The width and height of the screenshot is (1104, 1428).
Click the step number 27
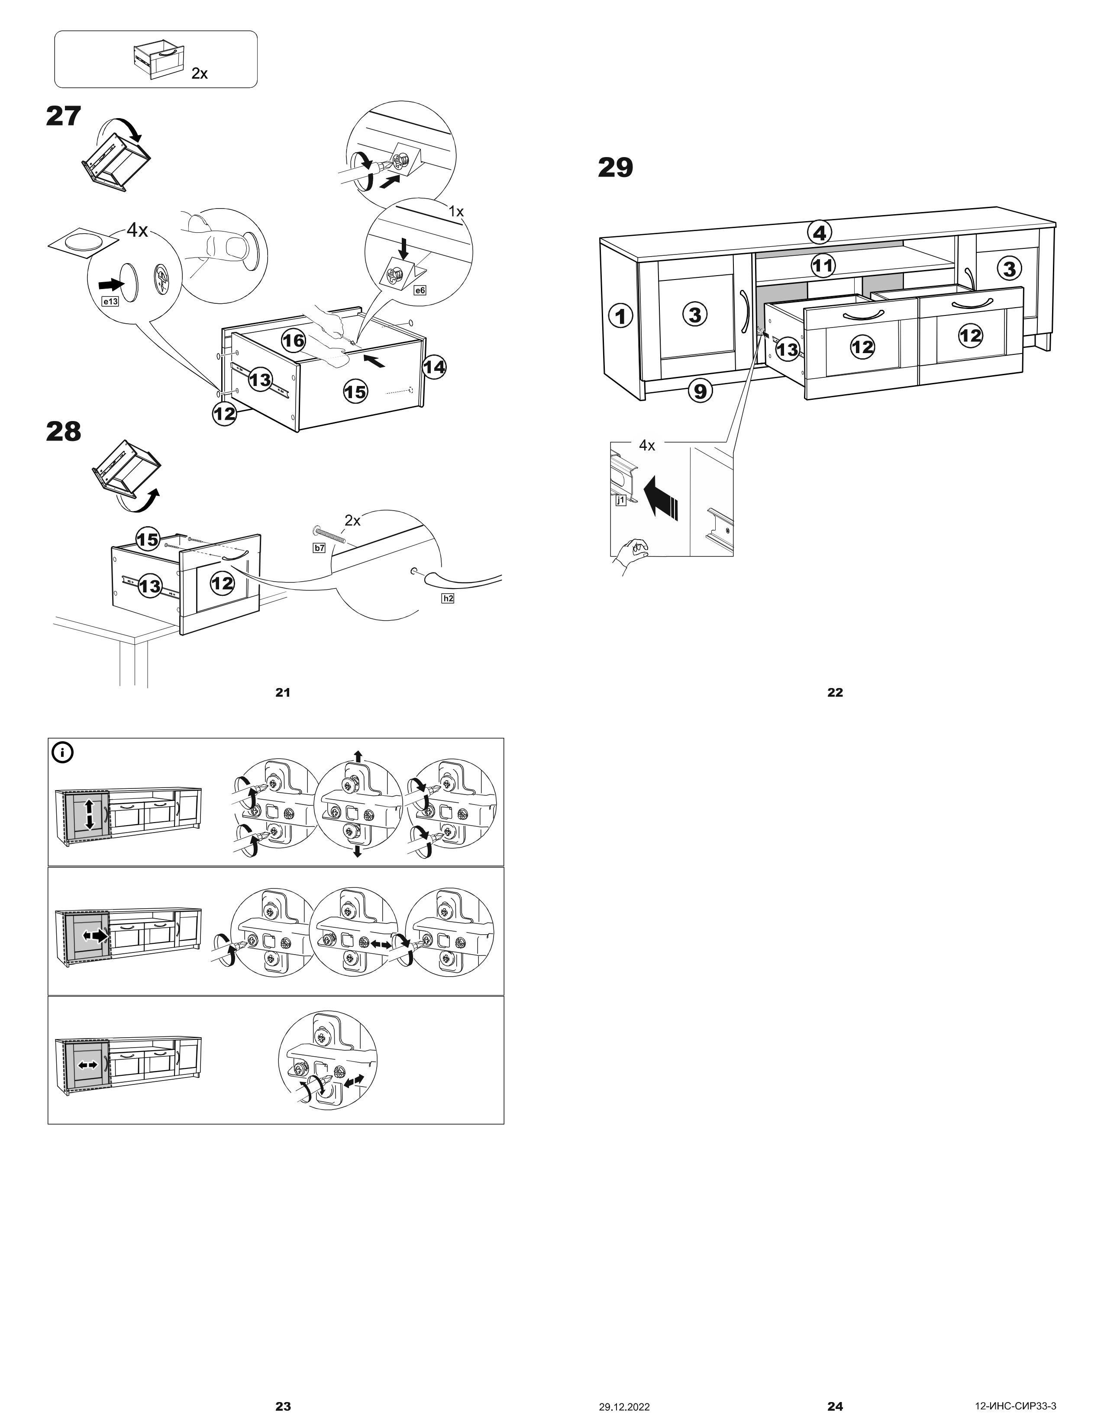(x=64, y=116)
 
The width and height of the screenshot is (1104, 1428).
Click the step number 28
(x=64, y=431)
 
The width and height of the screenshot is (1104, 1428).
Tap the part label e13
(x=110, y=302)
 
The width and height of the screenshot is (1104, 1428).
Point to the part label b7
(x=319, y=548)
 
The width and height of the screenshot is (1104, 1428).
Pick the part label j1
(x=621, y=501)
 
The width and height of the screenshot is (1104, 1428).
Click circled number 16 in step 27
(x=294, y=341)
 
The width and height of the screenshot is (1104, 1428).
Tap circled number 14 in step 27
(x=434, y=367)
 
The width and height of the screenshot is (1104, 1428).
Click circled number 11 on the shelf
(x=823, y=265)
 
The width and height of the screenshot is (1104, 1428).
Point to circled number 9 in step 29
(x=700, y=391)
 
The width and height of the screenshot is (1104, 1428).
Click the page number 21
(x=283, y=692)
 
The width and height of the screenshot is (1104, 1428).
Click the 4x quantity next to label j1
(x=646, y=446)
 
